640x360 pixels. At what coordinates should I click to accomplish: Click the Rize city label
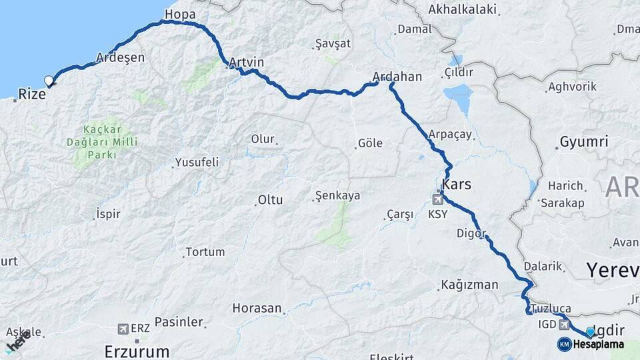(x=32, y=95)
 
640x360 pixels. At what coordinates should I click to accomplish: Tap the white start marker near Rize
(x=49, y=81)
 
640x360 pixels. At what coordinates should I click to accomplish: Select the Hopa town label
(x=179, y=13)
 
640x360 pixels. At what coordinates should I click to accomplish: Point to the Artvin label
(x=246, y=63)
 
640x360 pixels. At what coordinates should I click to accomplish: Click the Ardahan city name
(x=398, y=77)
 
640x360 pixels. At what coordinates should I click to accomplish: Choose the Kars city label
(x=457, y=184)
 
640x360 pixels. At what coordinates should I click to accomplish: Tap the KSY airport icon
(x=439, y=199)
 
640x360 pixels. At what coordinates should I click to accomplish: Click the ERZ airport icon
(x=123, y=329)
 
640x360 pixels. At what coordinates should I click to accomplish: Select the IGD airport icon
(x=565, y=325)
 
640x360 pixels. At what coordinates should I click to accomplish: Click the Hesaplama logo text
(x=598, y=345)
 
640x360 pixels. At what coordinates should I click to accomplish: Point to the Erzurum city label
(x=137, y=351)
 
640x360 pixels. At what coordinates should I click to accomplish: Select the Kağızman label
(x=469, y=285)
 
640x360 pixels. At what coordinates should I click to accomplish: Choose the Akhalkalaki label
(x=463, y=9)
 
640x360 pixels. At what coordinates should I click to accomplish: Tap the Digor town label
(x=471, y=233)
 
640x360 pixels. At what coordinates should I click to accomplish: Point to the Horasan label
(x=257, y=308)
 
